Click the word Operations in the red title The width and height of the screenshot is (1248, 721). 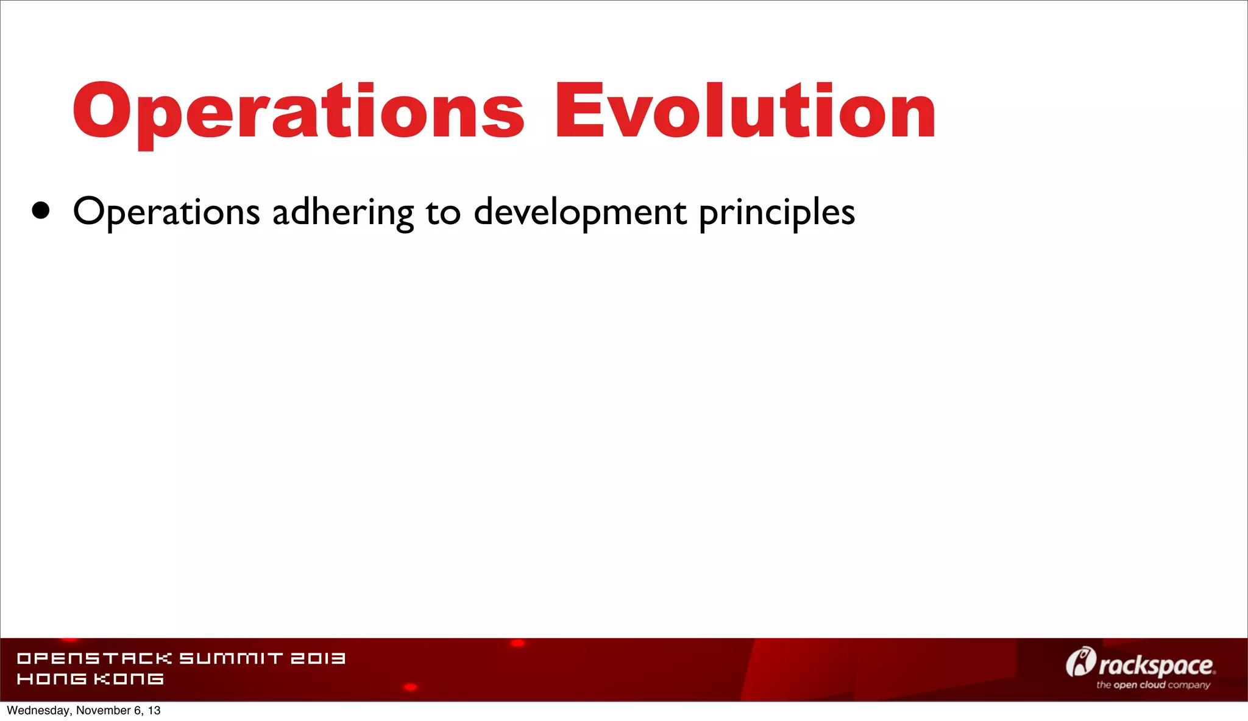299,111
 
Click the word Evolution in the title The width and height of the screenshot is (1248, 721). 745,111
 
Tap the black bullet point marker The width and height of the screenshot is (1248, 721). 41,211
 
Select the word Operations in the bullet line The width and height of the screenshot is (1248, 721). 166,213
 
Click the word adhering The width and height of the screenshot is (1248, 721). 343,213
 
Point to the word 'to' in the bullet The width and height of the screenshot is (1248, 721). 443,213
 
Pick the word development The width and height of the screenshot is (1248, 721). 580,213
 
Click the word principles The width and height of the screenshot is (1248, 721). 777,213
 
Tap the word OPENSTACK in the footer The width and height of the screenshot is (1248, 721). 94,658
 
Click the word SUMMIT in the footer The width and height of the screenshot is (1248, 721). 231,658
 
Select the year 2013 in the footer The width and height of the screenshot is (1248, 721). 317,658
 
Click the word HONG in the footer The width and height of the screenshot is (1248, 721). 52,678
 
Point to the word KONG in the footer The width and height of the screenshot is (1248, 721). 129,678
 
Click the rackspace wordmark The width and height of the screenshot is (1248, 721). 1156,666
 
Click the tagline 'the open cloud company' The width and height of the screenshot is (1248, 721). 1153,685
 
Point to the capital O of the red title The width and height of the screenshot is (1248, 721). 102,111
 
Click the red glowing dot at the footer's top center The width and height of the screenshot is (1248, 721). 517,643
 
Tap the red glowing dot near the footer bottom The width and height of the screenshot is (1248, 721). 411,687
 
